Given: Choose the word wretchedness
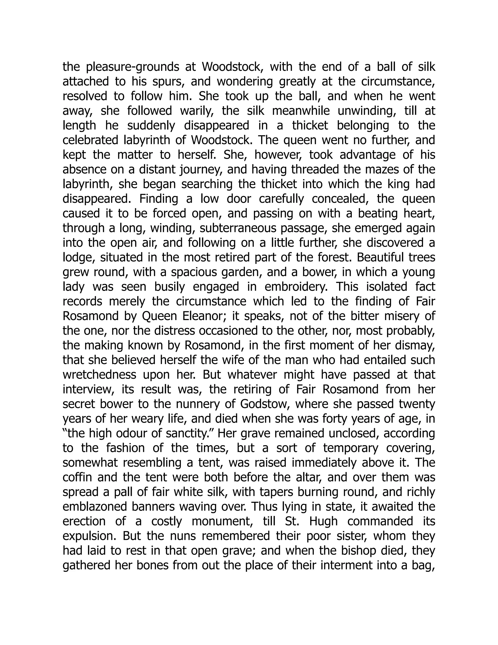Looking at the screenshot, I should (x=99, y=375).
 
